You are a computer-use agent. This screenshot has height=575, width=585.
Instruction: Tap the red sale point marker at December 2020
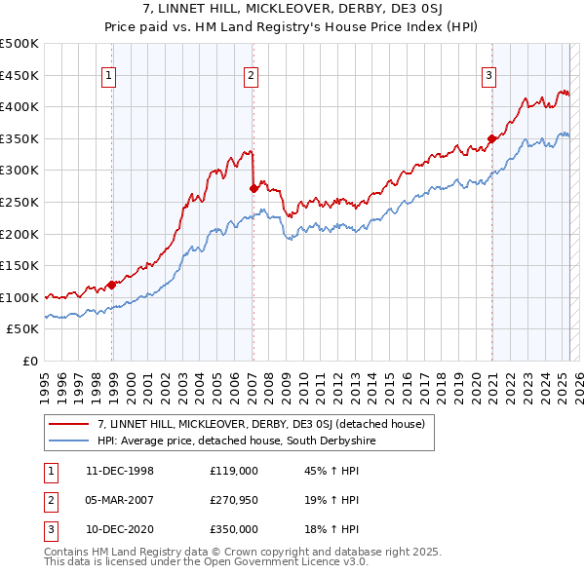pos(492,138)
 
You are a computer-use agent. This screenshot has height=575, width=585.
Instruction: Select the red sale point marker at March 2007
pos(253,188)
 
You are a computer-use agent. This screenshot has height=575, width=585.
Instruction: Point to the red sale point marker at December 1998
pos(112,285)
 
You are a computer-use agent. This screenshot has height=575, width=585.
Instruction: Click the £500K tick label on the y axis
pos(19,44)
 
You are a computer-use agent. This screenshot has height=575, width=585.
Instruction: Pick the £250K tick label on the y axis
pos(19,202)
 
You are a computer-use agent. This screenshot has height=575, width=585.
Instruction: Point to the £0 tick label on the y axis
pos(31,361)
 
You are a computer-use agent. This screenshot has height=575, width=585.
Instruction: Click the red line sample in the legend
pos(69,424)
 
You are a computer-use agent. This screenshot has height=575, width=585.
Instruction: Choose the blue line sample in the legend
pos(69,441)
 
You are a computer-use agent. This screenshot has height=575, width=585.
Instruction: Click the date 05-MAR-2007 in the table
pos(120,500)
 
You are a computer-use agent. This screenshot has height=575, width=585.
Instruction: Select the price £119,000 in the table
pos(233,470)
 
